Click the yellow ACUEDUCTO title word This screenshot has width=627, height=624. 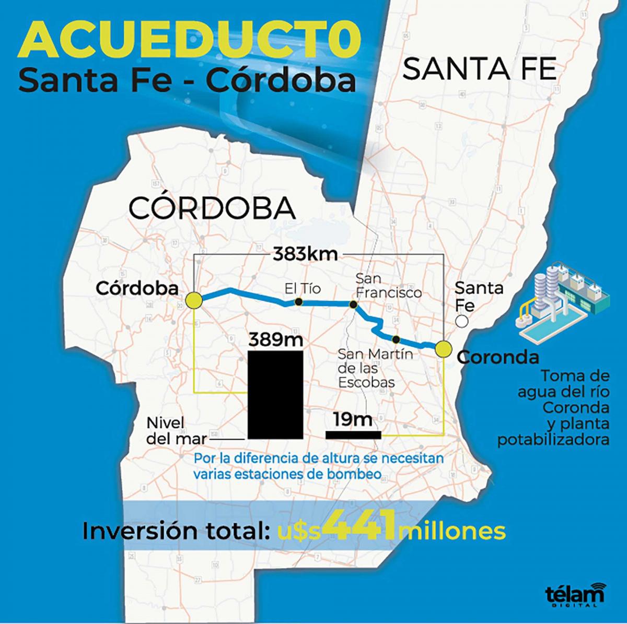pos(190,41)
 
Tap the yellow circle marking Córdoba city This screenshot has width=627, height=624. pos(194,301)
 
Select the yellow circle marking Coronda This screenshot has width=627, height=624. pos(443,349)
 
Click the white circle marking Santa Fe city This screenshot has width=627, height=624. pos(461,322)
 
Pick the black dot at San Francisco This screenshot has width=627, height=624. pos(354,304)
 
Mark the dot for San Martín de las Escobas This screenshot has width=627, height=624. pos(396,338)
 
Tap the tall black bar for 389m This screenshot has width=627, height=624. pos(275,395)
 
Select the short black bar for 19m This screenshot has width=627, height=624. pos(353,434)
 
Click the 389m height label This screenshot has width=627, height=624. pos(275,339)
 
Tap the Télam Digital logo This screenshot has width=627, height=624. pos(574,595)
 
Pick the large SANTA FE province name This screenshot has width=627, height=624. pos(480,69)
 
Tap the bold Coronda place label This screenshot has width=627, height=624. pos(497,357)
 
